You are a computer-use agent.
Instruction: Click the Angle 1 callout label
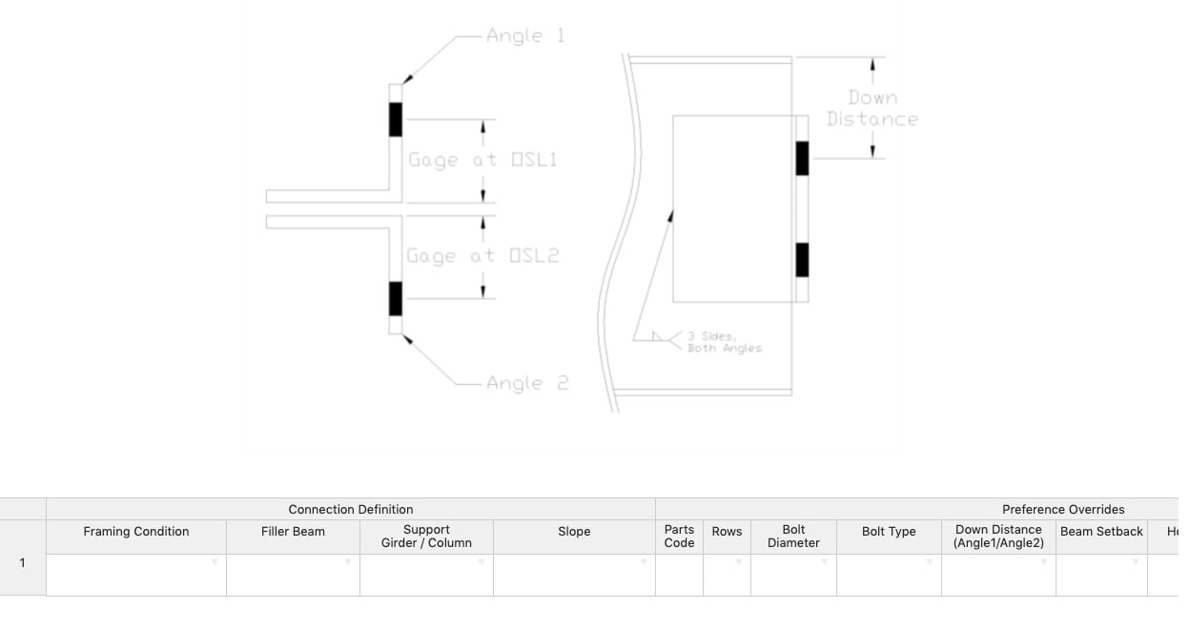525,36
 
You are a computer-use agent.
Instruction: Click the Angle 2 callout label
527,383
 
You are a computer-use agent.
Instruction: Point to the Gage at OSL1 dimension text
482,160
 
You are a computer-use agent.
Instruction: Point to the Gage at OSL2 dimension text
482,256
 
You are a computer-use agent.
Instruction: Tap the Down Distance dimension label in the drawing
872,109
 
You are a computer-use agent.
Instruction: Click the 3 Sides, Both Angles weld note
724,342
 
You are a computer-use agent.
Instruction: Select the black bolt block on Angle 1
396,119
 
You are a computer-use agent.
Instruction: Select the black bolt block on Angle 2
396,298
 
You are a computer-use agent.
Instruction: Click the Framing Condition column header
136,532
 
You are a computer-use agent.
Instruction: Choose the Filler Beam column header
293,532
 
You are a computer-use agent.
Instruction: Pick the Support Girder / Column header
426,537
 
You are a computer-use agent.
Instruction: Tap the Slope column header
574,532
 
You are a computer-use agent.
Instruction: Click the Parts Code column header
679,537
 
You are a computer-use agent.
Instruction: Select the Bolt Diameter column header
793,537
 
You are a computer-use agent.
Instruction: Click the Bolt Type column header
889,532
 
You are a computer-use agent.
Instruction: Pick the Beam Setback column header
1101,532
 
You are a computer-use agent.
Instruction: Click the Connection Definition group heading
351,510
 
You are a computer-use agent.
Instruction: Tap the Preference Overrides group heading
1063,510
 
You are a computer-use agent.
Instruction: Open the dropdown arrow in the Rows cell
739,562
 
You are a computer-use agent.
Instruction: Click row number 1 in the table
23,562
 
